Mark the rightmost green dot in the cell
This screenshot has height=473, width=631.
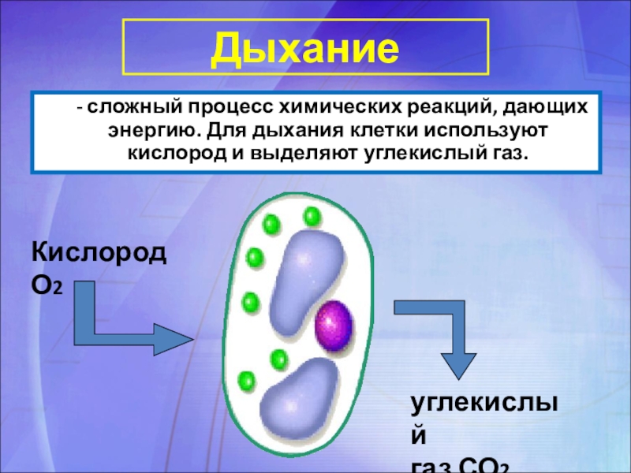click(x=312, y=215)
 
